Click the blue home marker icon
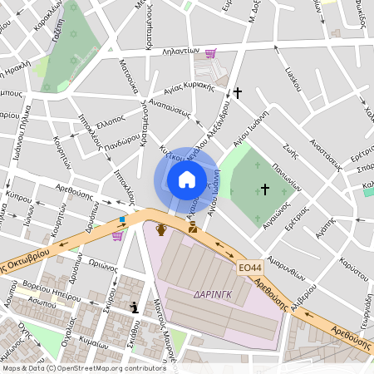(187, 180)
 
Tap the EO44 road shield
(250, 268)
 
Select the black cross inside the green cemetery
(265, 189)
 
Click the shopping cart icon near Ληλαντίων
(211, 53)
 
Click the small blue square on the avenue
(123, 220)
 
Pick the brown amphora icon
(161, 227)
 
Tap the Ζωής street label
(289, 151)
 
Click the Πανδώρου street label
(99, 135)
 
